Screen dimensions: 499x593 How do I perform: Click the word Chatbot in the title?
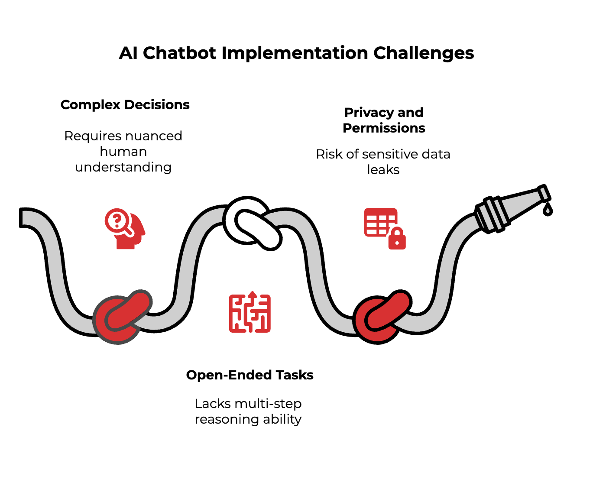click(x=179, y=53)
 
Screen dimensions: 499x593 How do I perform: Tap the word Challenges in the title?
click(x=423, y=53)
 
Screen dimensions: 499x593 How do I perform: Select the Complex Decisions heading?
click(x=125, y=105)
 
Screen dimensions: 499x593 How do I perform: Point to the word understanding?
click(x=123, y=167)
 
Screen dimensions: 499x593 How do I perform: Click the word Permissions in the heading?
click(x=384, y=128)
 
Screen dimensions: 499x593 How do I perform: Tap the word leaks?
click(x=383, y=170)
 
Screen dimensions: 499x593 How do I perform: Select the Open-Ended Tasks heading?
click(x=250, y=375)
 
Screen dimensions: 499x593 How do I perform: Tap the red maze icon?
click(x=250, y=312)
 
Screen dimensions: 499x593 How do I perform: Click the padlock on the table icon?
click(x=397, y=239)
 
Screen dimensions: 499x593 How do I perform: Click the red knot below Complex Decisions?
click(x=122, y=317)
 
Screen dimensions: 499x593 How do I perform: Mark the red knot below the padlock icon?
click(x=381, y=317)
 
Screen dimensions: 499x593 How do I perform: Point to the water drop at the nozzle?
click(x=548, y=210)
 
